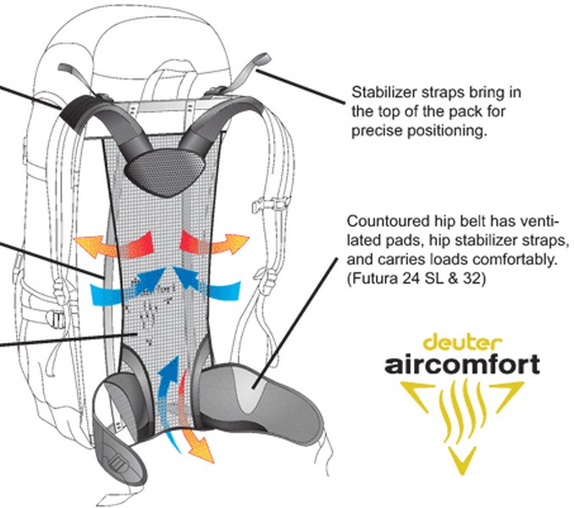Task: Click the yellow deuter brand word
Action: [x=462, y=342]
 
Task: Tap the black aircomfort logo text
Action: [x=462, y=364]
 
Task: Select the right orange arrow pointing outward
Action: [x=214, y=242]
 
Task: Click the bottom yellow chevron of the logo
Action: [x=462, y=460]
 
